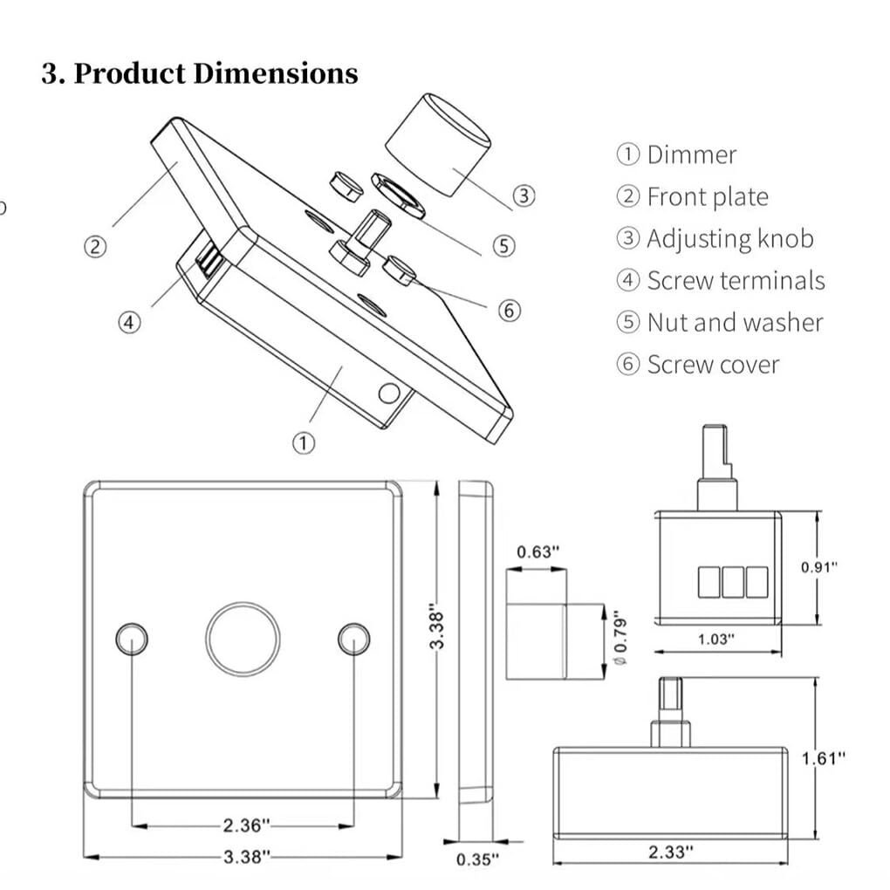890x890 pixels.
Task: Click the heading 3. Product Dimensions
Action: point(200,73)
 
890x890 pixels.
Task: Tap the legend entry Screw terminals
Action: point(720,281)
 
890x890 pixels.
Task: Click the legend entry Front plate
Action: point(693,197)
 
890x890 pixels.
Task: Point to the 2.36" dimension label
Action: point(246,825)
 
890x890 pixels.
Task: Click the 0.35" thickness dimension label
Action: point(476,859)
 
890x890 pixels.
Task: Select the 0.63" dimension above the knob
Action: point(537,552)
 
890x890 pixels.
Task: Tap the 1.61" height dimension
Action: point(824,757)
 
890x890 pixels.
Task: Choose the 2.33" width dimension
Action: point(671,852)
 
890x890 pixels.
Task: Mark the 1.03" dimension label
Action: point(716,639)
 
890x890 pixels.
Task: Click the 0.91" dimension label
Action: point(819,567)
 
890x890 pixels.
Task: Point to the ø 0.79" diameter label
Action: point(621,640)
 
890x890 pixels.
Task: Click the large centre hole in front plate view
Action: point(243,639)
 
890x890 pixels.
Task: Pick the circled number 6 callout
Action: point(510,310)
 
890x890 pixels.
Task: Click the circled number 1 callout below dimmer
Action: point(302,443)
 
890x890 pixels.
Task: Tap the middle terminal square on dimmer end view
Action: point(733,582)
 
